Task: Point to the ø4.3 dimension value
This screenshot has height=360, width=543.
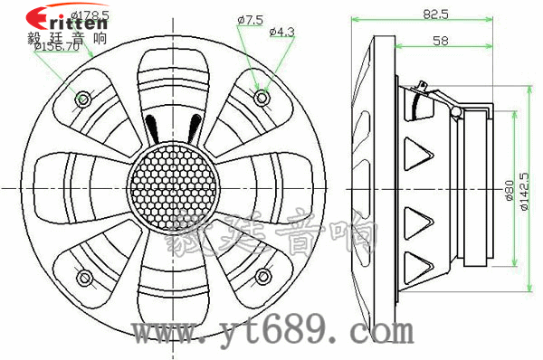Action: (281, 32)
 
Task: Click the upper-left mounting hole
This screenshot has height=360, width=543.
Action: (84, 98)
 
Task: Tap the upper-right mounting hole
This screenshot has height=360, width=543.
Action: (262, 96)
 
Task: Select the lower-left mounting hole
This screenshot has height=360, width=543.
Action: (84, 277)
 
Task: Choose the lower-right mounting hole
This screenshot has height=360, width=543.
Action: (262, 277)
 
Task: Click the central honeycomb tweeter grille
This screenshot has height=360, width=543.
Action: (172, 187)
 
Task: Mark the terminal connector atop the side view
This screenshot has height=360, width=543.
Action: (424, 90)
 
